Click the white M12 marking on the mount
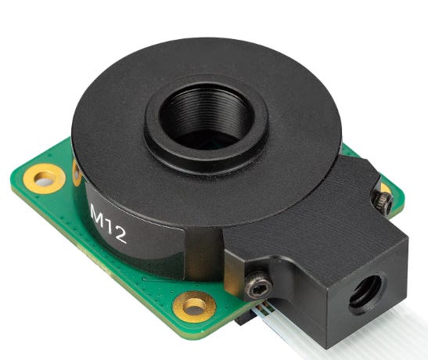point(108,224)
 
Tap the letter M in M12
point(97,215)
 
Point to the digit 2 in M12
point(120,236)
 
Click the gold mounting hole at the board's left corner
point(45,179)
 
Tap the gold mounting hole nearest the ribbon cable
point(194,307)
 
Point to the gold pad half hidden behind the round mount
point(77,173)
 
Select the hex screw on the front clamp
point(258,284)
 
